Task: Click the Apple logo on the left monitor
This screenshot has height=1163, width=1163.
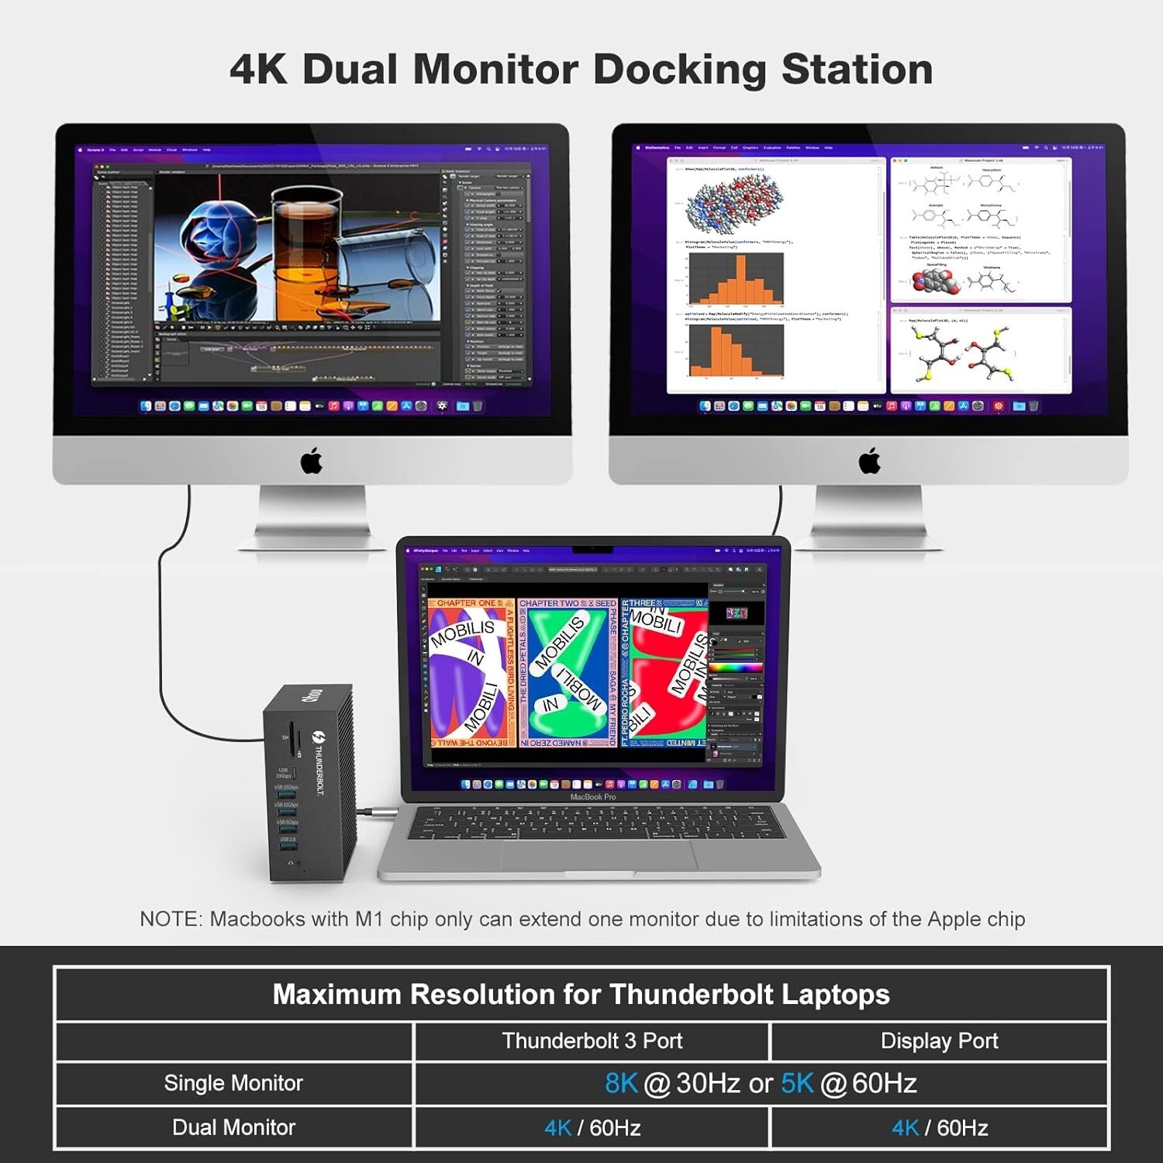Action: pyautogui.click(x=312, y=461)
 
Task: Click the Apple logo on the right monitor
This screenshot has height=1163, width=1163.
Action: pyautogui.click(x=870, y=461)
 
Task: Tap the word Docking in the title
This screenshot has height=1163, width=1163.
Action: pyautogui.click(x=679, y=70)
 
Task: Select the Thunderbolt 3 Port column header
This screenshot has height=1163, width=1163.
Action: pyautogui.click(x=592, y=1040)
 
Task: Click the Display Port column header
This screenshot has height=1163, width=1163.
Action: pyautogui.click(x=939, y=1040)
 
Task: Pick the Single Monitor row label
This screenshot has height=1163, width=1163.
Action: pyautogui.click(x=233, y=1083)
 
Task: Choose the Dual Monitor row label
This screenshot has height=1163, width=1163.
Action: pyautogui.click(x=233, y=1127)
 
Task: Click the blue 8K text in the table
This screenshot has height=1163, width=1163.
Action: pyautogui.click(x=621, y=1083)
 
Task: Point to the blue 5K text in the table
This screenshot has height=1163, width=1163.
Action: pyautogui.click(x=797, y=1083)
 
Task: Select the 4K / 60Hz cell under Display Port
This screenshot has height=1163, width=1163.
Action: pyautogui.click(x=939, y=1127)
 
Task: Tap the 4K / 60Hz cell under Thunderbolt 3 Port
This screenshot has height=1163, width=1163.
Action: pyautogui.click(x=592, y=1127)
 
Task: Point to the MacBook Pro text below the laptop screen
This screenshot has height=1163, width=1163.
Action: pyautogui.click(x=593, y=797)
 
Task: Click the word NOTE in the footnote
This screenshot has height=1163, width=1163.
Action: pyautogui.click(x=169, y=920)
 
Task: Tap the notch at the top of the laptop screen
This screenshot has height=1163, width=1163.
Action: pyautogui.click(x=593, y=550)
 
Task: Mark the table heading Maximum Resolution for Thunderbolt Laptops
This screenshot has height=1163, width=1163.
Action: pyautogui.click(x=581, y=994)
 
